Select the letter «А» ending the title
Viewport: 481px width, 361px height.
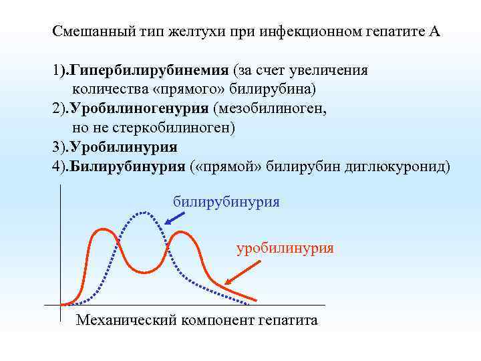point(435,31)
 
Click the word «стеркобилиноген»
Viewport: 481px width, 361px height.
point(180,127)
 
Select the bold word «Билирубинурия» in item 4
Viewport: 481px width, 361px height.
point(127,166)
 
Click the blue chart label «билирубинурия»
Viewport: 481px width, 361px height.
point(226,201)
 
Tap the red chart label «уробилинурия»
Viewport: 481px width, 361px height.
point(285,248)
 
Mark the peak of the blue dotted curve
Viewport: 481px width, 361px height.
point(143,213)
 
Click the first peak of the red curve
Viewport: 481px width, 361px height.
point(102,230)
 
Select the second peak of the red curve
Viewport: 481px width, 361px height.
point(180,234)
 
